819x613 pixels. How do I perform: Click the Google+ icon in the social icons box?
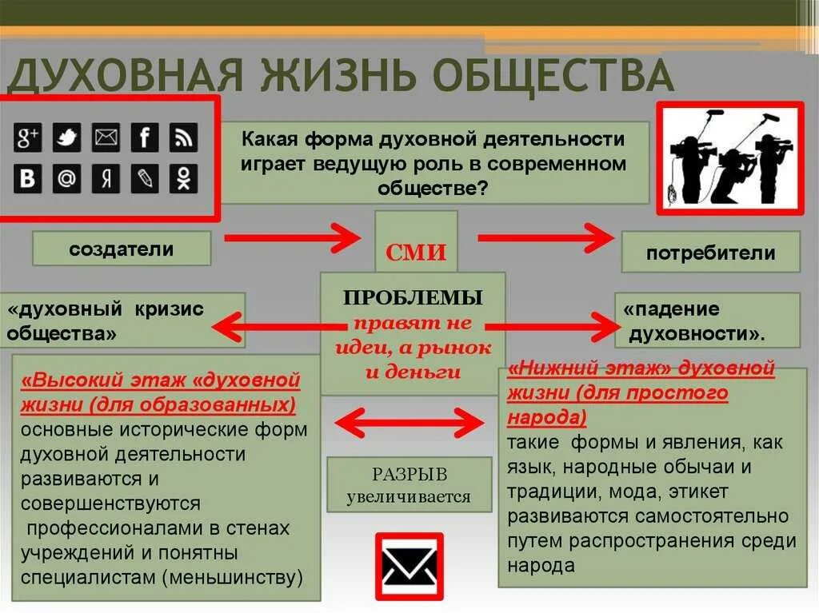(28, 138)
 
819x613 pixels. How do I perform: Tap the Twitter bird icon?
(66, 138)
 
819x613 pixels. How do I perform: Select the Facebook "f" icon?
(145, 138)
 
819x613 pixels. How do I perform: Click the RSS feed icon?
(184, 138)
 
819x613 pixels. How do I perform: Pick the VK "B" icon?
(28, 179)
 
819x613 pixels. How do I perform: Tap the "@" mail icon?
(66, 179)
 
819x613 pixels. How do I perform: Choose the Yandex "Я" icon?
(106, 179)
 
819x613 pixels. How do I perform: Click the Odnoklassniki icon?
(184, 179)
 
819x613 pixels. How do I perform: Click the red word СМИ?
(416, 253)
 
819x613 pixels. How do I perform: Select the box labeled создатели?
(122, 249)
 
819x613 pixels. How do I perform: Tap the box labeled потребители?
(710, 253)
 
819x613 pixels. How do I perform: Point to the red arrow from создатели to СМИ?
(292, 237)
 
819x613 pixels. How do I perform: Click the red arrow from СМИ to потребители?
(545, 237)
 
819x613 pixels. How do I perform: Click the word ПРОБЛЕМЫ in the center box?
(413, 297)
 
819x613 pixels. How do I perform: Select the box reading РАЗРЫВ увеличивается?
(409, 485)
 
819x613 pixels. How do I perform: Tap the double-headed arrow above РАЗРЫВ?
(408, 421)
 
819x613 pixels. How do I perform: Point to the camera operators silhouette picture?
(729, 158)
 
